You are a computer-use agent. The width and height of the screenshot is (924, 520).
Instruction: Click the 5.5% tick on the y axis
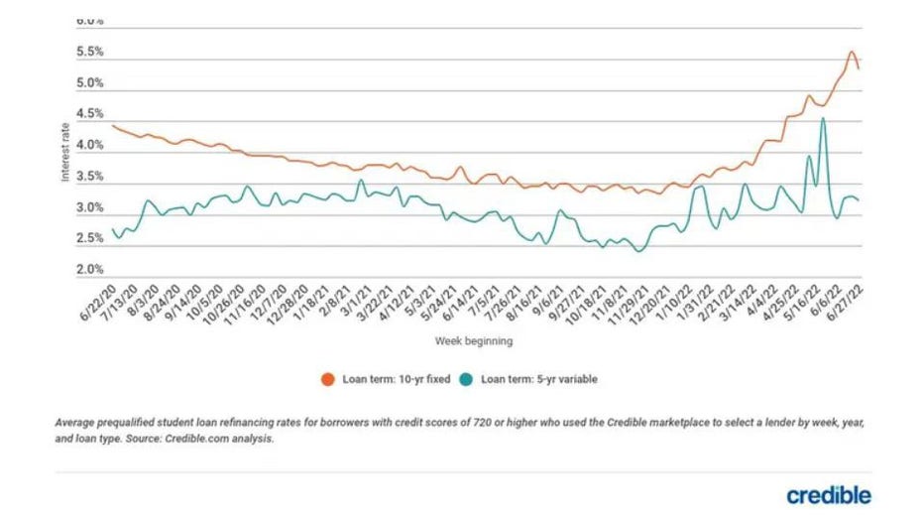[x=90, y=52]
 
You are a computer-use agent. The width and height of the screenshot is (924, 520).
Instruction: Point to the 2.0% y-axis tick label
[x=90, y=269]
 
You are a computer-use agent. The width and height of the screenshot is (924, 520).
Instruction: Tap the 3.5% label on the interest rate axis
[x=90, y=177]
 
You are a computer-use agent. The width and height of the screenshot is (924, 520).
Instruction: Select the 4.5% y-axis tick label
[x=90, y=114]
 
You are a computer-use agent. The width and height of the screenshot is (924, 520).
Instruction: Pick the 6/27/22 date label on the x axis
[x=847, y=303]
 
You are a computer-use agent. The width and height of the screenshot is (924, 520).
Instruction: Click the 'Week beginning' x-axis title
[x=473, y=340]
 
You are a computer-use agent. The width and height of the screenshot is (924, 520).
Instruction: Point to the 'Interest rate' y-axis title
[x=65, y=160]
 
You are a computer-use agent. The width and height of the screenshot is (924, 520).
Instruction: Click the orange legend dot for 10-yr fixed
[x=326, y=379]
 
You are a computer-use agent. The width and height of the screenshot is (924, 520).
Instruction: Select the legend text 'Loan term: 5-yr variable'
[x=539, y=379]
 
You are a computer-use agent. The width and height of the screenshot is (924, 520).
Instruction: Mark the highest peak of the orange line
[x=851, y=52]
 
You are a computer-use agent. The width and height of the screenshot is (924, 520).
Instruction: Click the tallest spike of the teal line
[x=823, y=119]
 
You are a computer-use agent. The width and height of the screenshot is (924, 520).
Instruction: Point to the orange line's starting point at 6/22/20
[x=113, y=125]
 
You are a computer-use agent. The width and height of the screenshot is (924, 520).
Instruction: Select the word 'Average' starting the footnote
[x=77, y=422]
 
